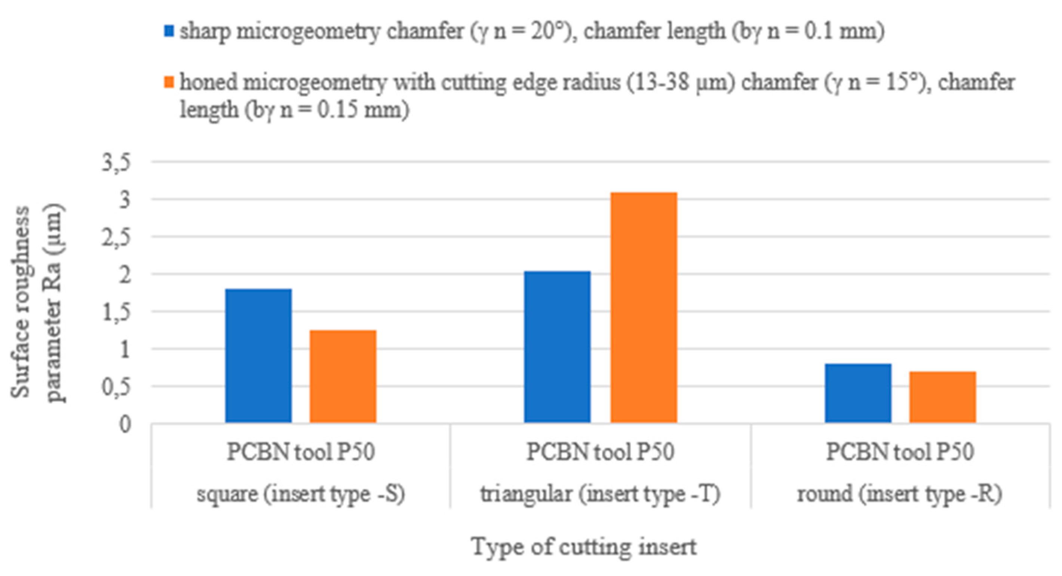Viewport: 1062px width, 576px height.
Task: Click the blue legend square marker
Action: [169, 31]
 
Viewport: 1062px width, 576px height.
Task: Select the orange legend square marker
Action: [169, 82]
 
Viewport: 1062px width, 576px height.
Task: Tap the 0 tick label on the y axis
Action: [125, 424]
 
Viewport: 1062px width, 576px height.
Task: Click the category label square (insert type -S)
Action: [301, 494]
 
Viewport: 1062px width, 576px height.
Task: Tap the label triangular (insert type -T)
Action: [600, 494]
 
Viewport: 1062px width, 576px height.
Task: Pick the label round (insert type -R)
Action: [900, 494]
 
